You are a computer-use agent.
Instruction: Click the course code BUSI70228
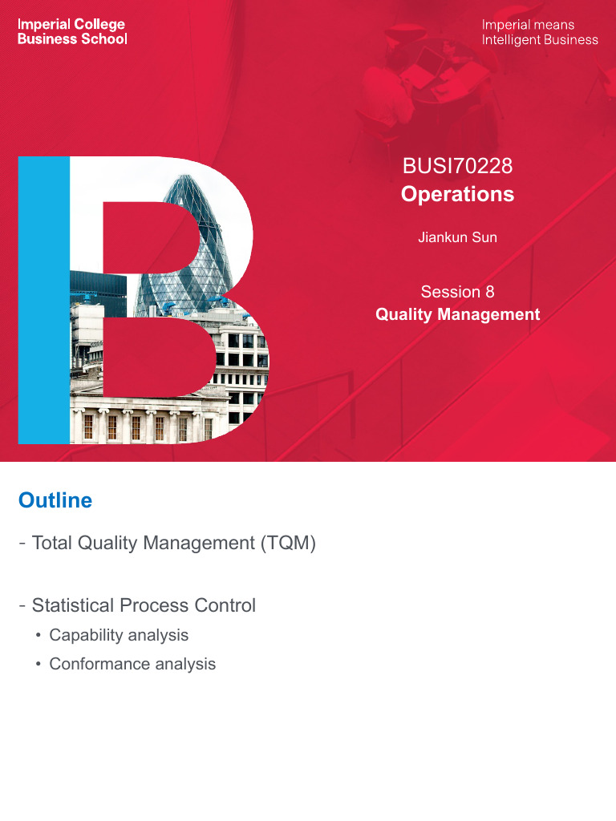click(x=457, y=167)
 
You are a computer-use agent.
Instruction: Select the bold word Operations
click(x=457, y=194)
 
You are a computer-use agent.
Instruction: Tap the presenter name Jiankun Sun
click(x=457, y=237)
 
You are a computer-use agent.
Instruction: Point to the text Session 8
click(x=457, y=292)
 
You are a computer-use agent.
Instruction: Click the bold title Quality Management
click(x=457, y=314)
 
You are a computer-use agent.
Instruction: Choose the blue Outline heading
click(x=55, y=501)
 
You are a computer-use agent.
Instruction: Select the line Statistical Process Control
click(x=143, y=605)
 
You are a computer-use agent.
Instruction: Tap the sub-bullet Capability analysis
click(x=119, y=635)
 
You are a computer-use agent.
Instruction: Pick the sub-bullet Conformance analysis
click(x=132, y=664)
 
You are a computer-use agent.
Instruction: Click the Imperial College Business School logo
click(x=72, y=31)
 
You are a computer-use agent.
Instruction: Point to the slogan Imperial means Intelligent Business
click(x=539, y=31)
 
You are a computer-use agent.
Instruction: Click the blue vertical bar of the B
click(x=44, y=301)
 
